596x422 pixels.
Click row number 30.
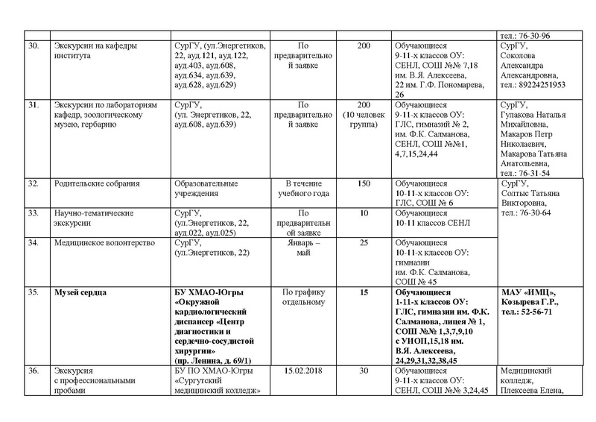(31, 46)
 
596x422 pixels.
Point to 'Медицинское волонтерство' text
(104, 242)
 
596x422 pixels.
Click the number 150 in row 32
(364, 183)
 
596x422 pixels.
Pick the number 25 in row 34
(364, 242)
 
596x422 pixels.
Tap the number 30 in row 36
(364, 371)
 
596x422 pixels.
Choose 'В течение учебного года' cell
(302, 188)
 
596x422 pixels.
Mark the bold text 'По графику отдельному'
(302, 297)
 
